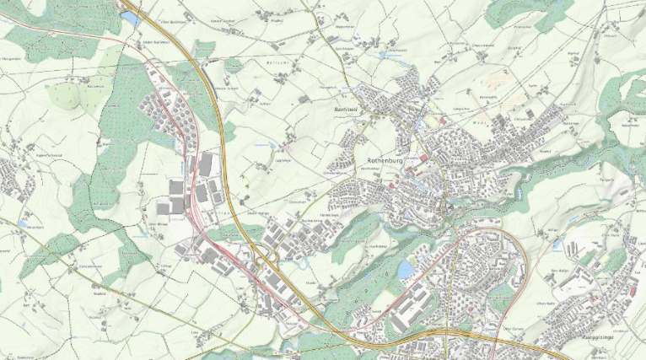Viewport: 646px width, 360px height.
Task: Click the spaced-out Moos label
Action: click(481, 123)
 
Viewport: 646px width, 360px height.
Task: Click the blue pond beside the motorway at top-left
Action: click(131, 17)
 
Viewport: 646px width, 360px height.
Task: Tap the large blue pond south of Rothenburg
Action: click(406, 269)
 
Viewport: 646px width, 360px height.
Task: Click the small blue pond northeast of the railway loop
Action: click(557, 244)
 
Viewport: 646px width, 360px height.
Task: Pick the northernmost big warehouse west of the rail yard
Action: click(205, 163)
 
